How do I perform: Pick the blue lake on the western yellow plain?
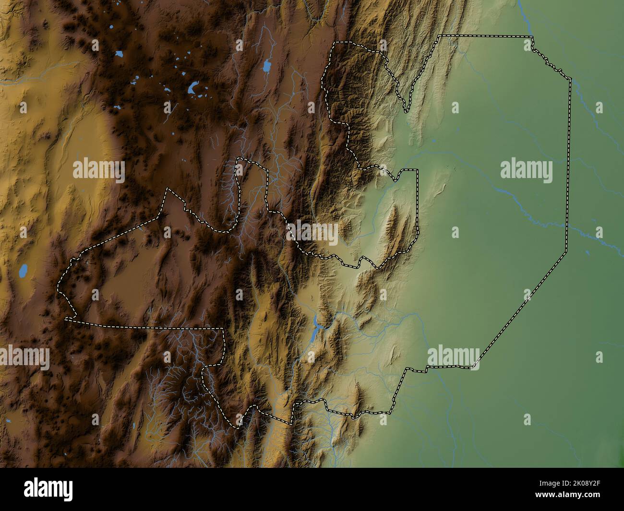tap(22, 272)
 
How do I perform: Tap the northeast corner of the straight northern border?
tap(532, 37)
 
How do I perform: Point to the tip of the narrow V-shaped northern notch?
tap(407, 111)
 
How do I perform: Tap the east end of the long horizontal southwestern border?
tap(224, 329)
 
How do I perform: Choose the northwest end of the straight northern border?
tap(440, 36)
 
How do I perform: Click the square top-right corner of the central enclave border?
tap(418, 170)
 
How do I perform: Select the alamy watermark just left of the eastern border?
tap(526, 170)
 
